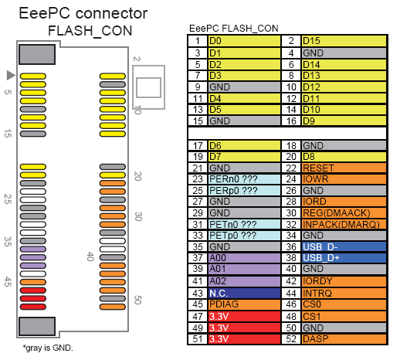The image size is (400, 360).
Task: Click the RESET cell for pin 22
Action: pyautogui.click(x=344, y=168)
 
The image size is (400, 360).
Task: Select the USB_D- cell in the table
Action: pyautogui.click(x=344, y=246)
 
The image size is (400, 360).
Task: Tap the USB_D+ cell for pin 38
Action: pyautogui.click(x=344, y=258)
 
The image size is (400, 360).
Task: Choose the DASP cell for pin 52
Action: pyautogui.click(x=344, y=339)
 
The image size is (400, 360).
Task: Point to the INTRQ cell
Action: pyautogui.click(x=344, y=293)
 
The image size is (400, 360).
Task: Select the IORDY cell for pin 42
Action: pyautogui.click(x=344, y=281)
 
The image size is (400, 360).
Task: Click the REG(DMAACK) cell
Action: pyautogui.click(x=344, y=212)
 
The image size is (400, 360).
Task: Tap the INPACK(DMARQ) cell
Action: pyautogui.click(x=344, y=224)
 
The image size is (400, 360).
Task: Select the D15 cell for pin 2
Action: pyautogui.click(x=344, y=40)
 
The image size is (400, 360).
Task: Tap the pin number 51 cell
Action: pyautogui.click(x=198, y=339)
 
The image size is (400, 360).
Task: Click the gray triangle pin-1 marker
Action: pyautogui.click(x=11, y=75)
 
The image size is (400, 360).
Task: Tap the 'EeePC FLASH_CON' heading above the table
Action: pyautogui.click(x=233, y=28)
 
